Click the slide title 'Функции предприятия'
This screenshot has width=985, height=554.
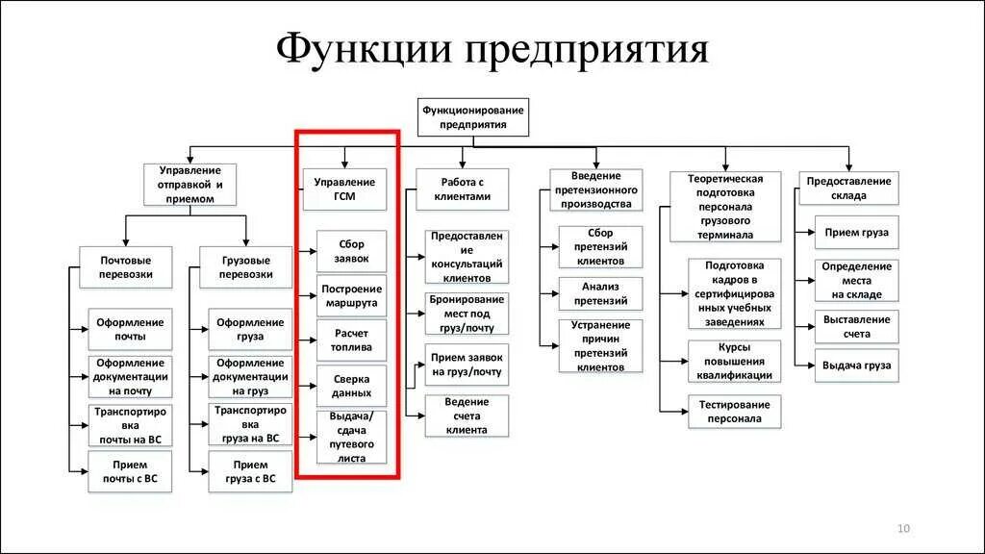coord(492,49)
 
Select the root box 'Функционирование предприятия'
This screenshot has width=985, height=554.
coord(472,116)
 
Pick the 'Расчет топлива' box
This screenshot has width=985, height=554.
coord(351,341)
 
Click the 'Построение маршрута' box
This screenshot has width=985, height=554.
coord(351,296)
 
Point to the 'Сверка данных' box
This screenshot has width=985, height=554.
coord(351,387)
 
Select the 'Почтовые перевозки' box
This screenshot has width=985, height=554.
coord(126,266)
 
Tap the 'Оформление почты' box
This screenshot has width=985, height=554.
coord(131,329)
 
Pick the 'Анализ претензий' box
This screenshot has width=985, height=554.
coord(600,293)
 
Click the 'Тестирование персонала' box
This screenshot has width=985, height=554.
coord(735,412)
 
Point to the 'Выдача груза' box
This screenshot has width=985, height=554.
coord(855,365)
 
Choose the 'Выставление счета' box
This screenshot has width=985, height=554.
coord(855,326)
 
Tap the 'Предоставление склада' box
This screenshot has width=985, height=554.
coord(848,188)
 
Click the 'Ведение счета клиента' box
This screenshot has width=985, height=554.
coord(467,415)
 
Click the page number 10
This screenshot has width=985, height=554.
coord(903,528)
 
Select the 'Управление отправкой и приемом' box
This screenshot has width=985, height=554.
coord(191,184)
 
